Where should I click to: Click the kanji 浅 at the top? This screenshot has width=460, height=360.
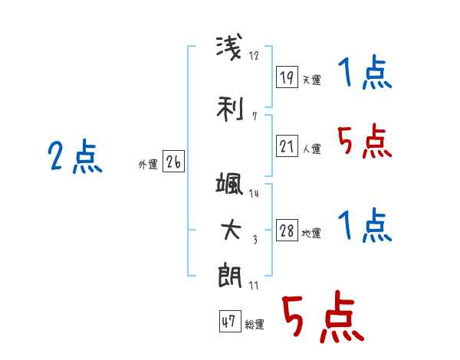pos(229,47)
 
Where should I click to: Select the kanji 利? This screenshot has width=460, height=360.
pos(230,109)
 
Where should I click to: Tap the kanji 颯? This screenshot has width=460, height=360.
pos(229,184)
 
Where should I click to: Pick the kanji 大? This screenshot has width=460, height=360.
pos(231,230)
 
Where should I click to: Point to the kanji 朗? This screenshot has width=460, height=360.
pos(230,277)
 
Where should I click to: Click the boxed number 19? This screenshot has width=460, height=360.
pos(287,77)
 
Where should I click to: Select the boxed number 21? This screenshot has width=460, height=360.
pos(287,146)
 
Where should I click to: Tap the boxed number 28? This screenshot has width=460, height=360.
pos(287,230)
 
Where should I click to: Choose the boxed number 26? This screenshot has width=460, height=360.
pos(173,161)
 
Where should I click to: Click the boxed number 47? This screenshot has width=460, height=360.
pos(230,321)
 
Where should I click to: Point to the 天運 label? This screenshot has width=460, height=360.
pos(311,80)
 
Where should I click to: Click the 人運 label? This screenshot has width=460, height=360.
pos(311,149)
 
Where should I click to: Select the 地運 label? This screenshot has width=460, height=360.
pos(311,234)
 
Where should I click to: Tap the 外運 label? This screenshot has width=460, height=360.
pos(148,165)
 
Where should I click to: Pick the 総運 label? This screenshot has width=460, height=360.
pos(255,325)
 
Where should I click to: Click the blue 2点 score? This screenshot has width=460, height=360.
pos(75,156)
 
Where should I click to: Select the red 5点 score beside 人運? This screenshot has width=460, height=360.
pos(364,141)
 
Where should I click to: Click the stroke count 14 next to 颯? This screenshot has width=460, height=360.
pos(254,194)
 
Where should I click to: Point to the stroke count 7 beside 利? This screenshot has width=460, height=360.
pos(255,116)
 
